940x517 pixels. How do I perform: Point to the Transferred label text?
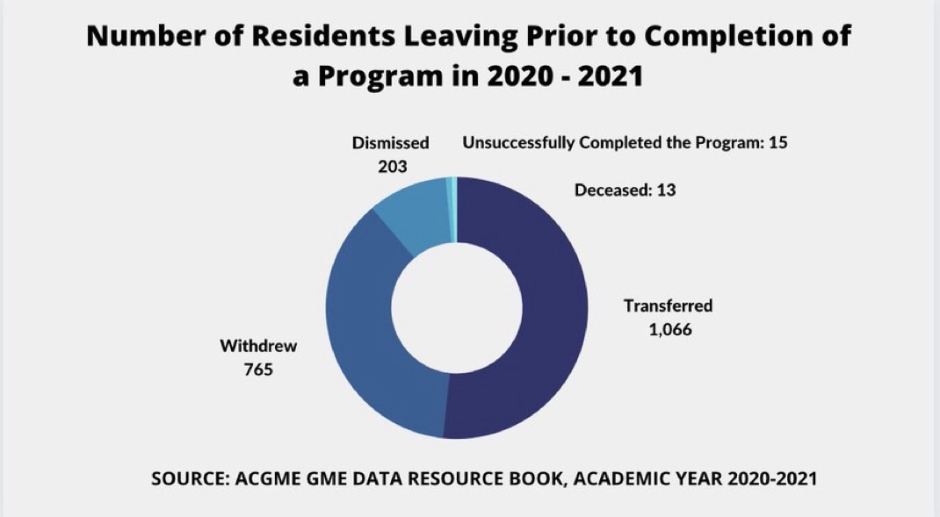668,306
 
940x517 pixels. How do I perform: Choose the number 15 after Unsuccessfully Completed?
777,142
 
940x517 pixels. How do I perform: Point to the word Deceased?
607,189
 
